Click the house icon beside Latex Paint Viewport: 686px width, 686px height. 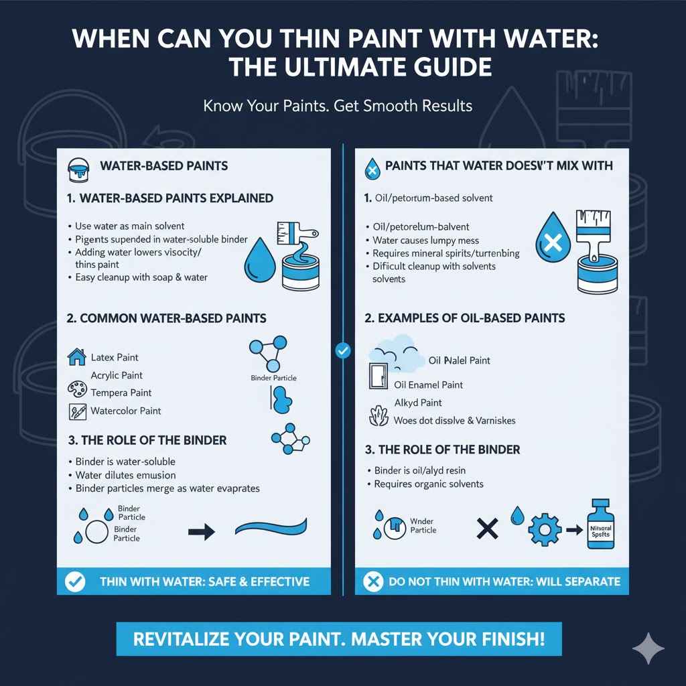coord(77,357)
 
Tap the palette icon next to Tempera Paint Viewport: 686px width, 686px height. coord(77,390)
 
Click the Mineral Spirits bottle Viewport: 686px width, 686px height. coord(600,525)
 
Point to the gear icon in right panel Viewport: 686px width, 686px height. coord(543,530)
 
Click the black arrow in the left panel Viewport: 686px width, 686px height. coord(200,532)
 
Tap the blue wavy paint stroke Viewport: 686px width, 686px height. coord(271,528)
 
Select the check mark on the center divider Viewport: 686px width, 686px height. coord(342,350)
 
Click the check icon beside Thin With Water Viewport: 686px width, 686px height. coord(74,581)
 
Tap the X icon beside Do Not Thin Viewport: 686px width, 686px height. coord(372,581)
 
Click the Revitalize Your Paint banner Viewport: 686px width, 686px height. coord(338,638)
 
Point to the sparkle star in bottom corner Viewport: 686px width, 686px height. coord(648,648)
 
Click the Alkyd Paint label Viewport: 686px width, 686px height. coord(418,403)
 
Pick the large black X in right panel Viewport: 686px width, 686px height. coord(488,529)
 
